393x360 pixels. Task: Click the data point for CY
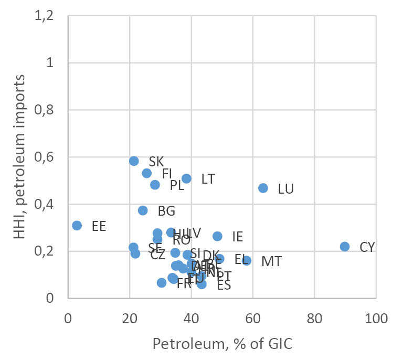point(345,247)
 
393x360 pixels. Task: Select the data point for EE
point(77,226)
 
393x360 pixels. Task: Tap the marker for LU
point(263,188)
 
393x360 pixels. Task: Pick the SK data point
point(134,161)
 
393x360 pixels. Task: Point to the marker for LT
point(186,179)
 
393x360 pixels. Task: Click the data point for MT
point(246,261)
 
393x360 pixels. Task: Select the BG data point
point(143,210)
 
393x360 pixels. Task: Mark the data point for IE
point(217,236)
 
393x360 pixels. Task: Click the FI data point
point(146,173)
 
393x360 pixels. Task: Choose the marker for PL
point(155,185)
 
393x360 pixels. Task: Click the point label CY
point(367,247)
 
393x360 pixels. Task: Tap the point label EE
point(99,226)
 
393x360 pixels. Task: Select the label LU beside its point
point(285,189)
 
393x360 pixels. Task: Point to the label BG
point(166,211)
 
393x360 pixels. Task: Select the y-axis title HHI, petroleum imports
point(19,156)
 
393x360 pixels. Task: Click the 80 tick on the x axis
point(314,320)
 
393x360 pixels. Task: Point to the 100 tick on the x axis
point(376,320)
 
